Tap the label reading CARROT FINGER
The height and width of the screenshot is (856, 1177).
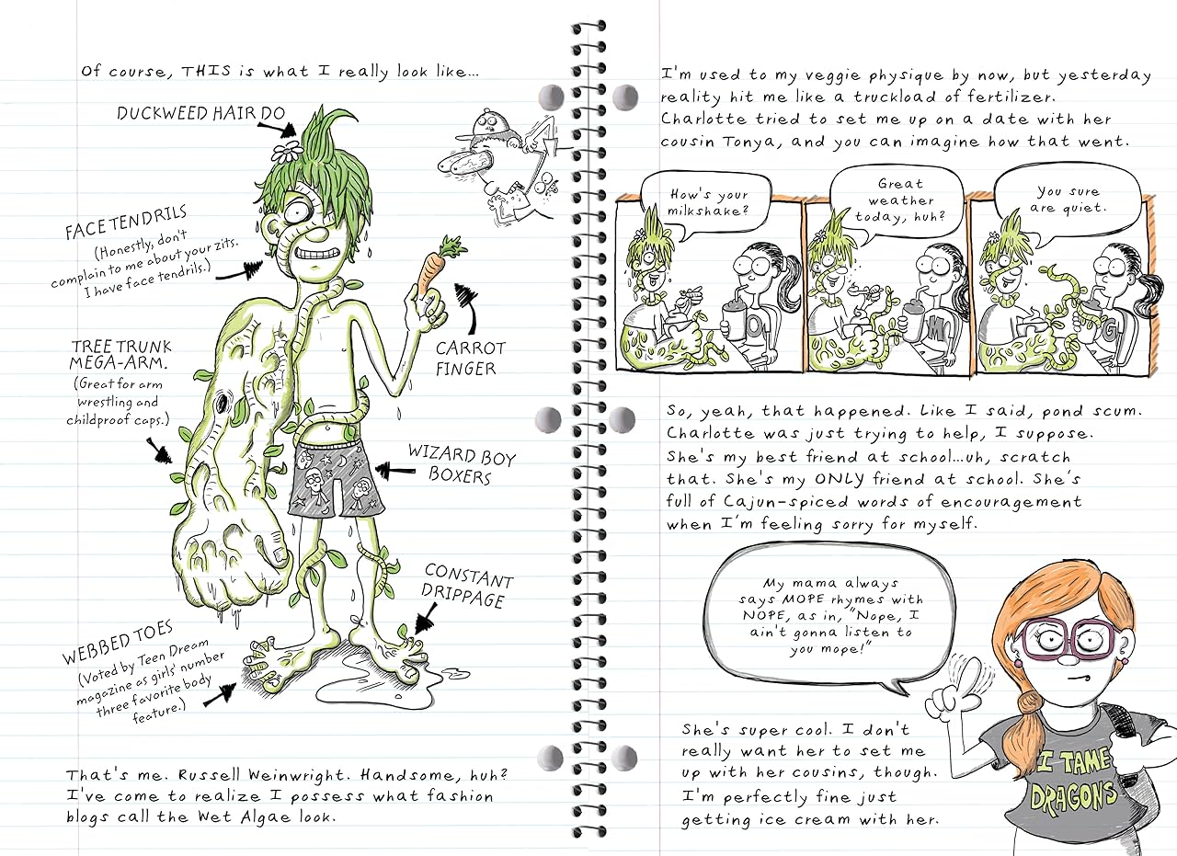(470, 359)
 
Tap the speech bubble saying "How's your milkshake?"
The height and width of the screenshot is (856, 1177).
(695, 202)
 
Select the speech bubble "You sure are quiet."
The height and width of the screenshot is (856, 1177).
(1071, 199)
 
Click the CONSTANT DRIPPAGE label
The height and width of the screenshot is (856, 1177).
(467, 588)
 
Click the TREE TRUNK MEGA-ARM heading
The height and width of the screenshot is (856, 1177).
(121, 354)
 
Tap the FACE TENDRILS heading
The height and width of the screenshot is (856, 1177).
(126, 224)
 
